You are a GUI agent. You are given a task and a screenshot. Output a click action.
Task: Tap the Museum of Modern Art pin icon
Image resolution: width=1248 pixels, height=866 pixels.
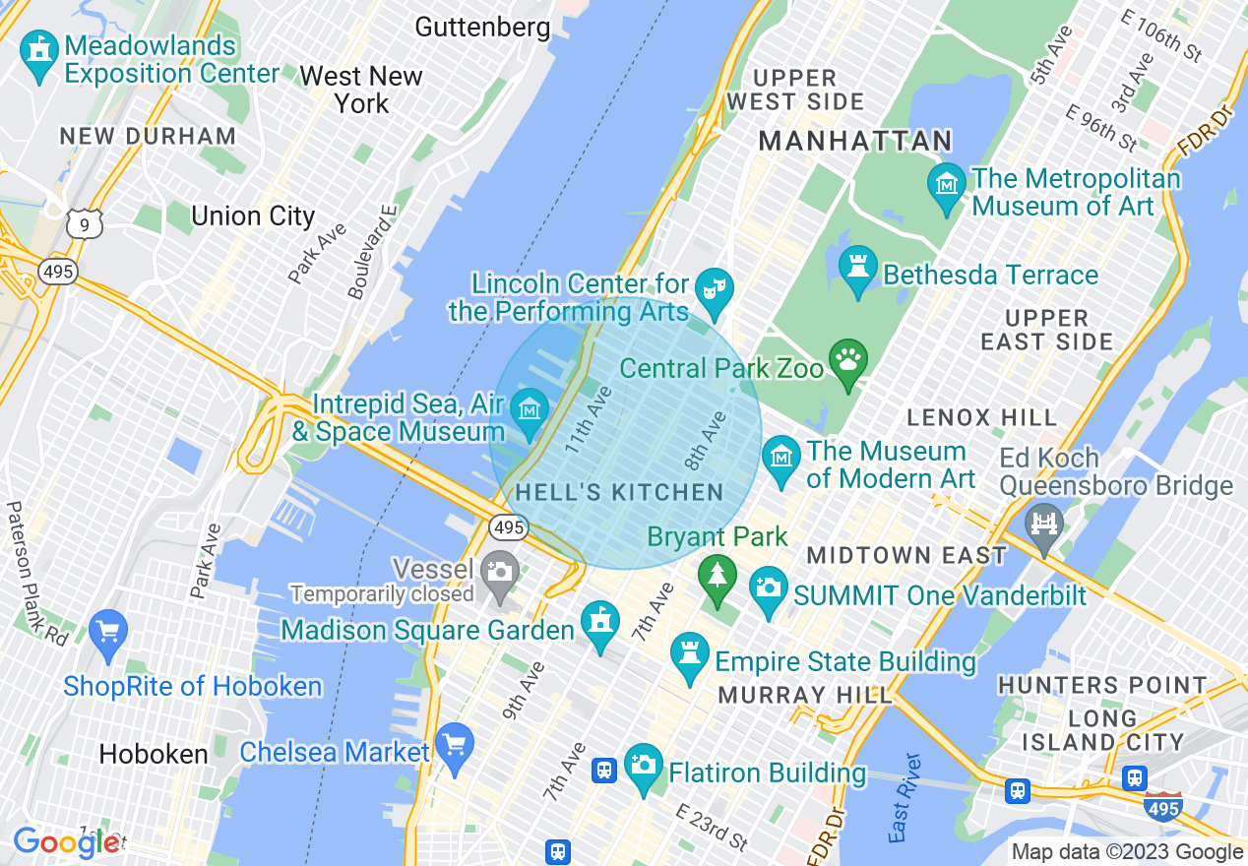tap(781, 458)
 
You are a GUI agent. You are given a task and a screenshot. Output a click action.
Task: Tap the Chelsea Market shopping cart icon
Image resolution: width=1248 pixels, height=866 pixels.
tap(454, 745)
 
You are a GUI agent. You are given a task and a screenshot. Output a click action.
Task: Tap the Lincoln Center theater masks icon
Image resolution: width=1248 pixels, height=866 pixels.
tap(713, 289)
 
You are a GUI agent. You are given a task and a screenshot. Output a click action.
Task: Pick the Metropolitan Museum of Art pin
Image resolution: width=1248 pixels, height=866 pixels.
tap(947, 185)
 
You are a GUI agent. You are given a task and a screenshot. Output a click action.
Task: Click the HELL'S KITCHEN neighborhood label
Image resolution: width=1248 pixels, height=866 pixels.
tap(619, 492)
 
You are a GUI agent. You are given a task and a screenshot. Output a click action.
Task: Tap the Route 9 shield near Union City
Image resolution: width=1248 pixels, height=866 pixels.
tap(85, 225)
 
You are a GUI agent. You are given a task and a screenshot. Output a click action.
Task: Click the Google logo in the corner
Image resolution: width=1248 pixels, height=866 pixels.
tap(66, 842)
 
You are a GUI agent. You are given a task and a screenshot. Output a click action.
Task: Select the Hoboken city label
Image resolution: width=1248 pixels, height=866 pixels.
tap(154, 755)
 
